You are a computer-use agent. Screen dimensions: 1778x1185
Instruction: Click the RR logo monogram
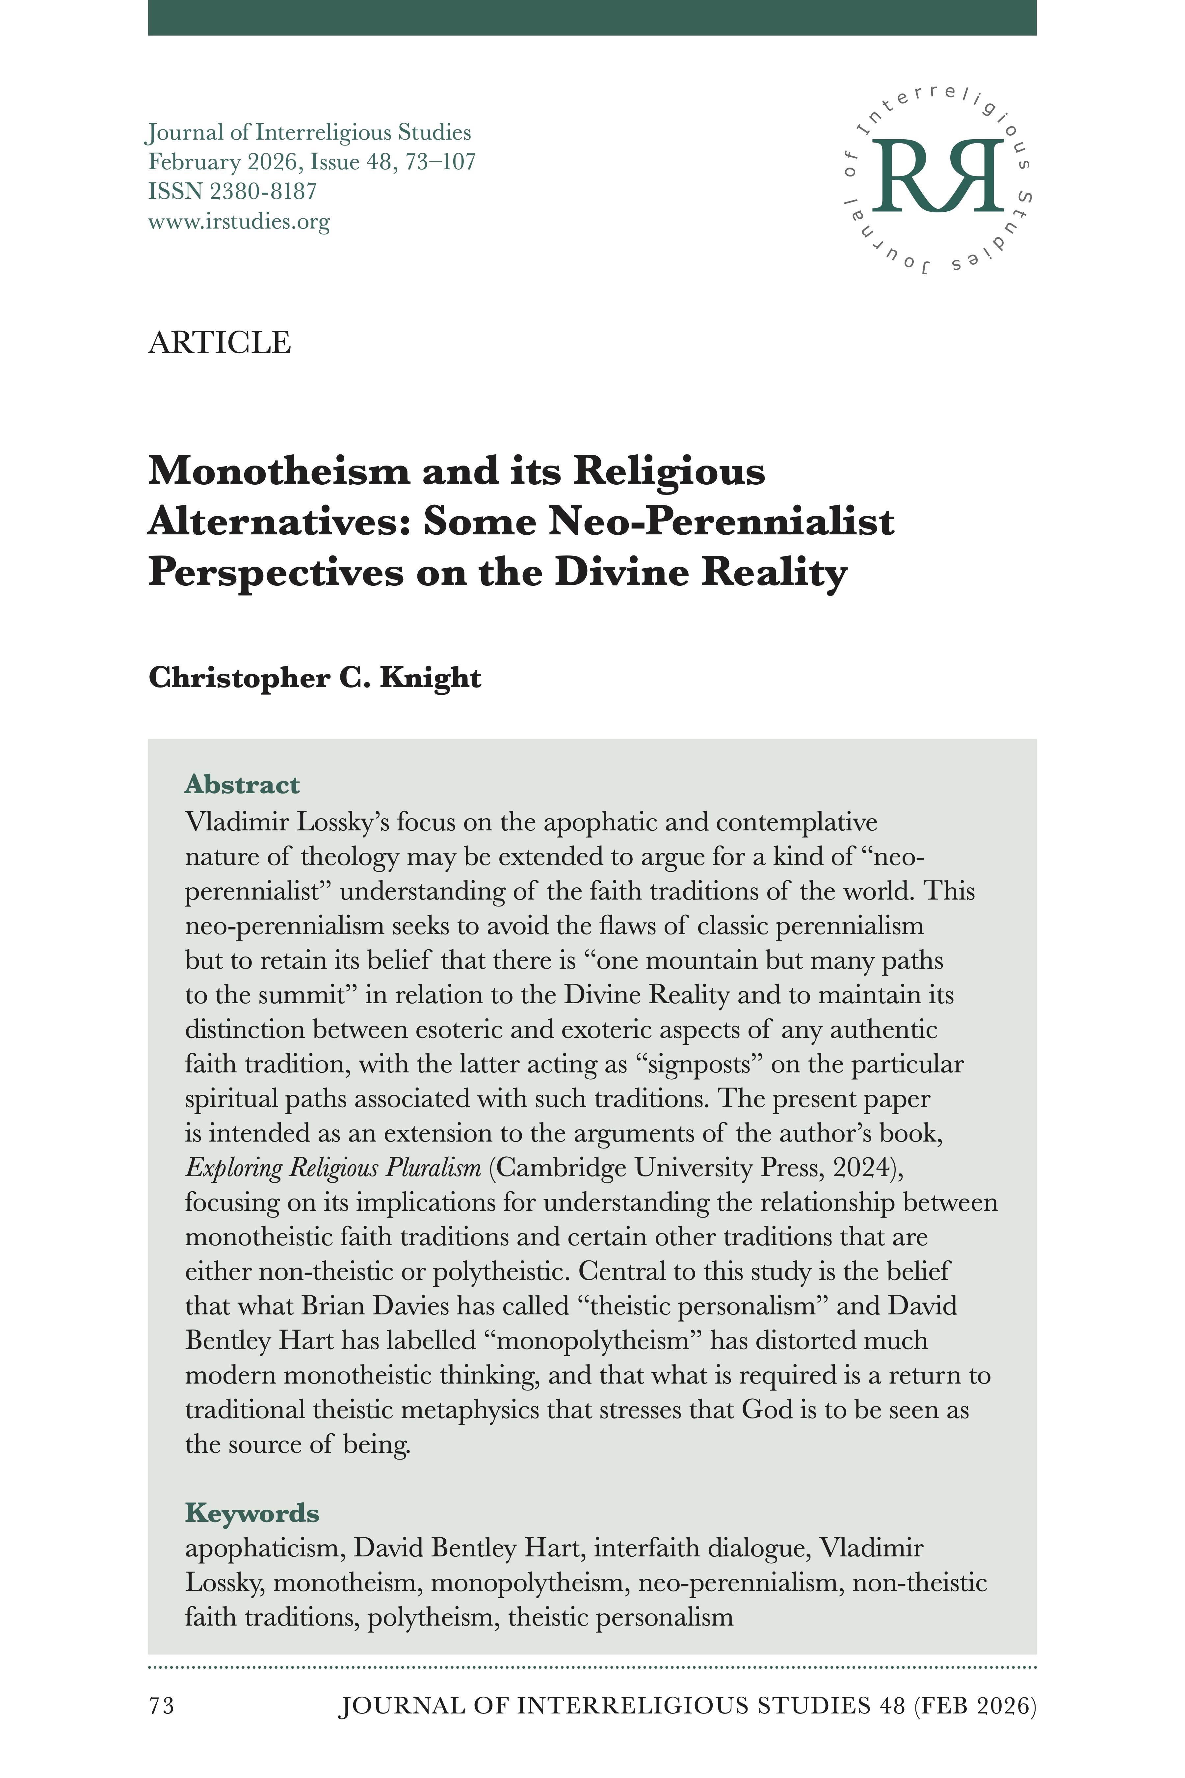[938, 176]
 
